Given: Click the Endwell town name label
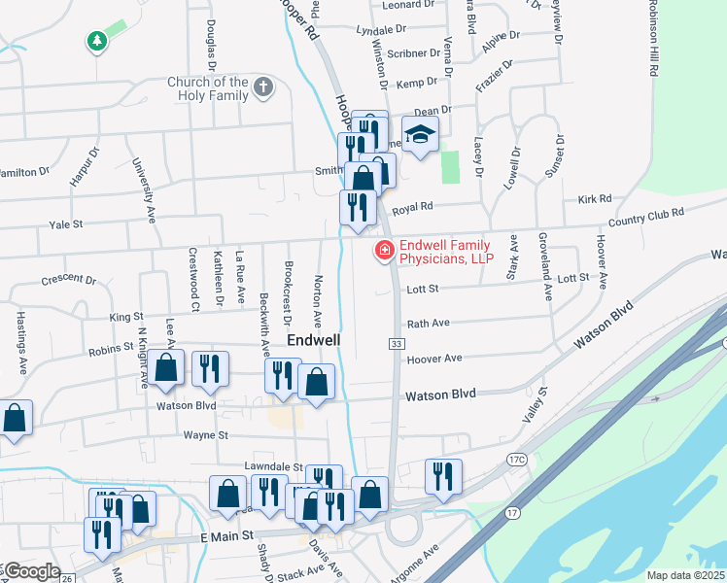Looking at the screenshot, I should click(x=314, y=341).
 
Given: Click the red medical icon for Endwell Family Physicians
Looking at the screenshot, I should click(x=385, y=252).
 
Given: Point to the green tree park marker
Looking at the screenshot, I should click(x=96, y=41).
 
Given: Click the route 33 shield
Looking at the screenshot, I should click(x=396, y=344).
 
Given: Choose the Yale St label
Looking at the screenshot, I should click(x=66, y=224).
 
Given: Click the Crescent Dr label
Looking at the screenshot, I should click(x=69, y=280).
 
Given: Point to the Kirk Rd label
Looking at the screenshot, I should click(x=594, y=198).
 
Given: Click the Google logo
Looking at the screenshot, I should click(x=31, y=571).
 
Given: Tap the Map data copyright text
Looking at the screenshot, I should click(x=686, y=575).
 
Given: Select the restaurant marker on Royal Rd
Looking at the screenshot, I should click(x=357, y=207).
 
